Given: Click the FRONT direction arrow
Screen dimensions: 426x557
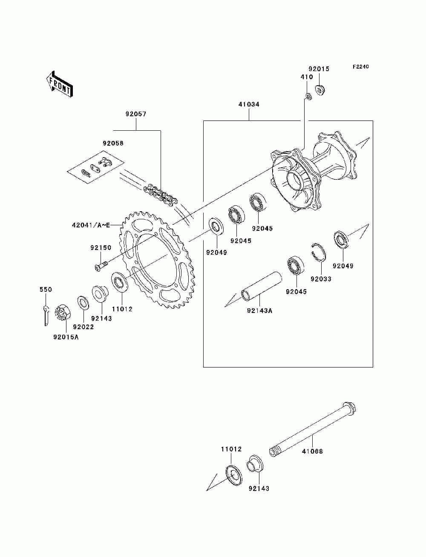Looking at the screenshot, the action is click(60, 84).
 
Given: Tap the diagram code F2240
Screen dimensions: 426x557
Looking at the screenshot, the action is click(360, 67).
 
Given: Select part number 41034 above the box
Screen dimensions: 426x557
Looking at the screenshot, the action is click(249, 104).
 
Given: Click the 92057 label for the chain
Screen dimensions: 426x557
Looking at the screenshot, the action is click(136, 114).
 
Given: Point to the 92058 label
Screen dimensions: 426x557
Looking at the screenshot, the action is click(113, 143).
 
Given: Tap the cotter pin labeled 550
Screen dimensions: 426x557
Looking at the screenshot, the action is click(46, 316).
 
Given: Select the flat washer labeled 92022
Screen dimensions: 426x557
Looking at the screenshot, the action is click(83, 302).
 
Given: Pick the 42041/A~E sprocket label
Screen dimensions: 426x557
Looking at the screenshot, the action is click(91, 225).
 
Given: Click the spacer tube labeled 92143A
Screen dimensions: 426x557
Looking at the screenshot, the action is click(261, 286).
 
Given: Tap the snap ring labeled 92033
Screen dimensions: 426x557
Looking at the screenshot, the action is click(319, 252).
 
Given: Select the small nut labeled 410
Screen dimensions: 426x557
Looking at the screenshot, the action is click(309, 96).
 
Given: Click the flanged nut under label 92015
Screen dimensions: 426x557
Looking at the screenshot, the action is click(320, 90).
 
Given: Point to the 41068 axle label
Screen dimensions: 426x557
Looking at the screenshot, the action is click(312, 451).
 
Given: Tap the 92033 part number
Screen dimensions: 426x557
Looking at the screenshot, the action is click(321, 279).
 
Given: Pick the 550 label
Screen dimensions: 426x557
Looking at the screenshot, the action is click(46, 290).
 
